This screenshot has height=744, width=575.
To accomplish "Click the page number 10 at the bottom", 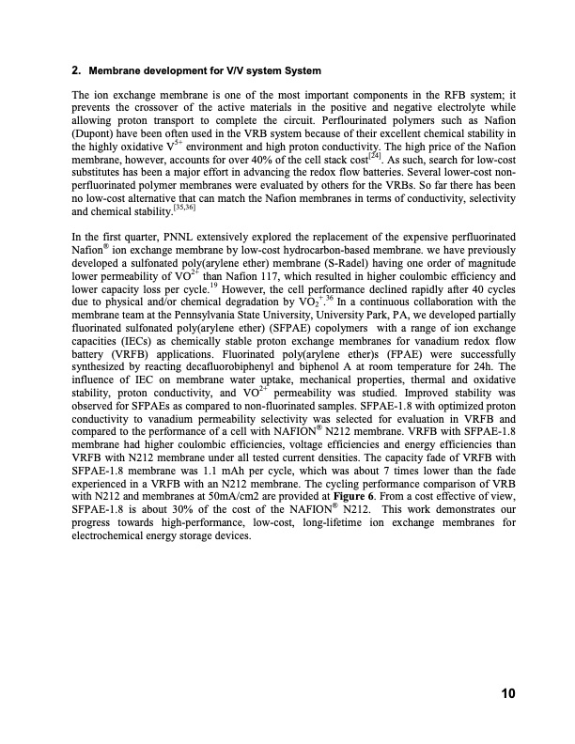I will click(x=507, y=694).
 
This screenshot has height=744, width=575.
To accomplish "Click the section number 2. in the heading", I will click(x=76, y=71).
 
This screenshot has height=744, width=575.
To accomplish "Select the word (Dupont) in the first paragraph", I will click(x=95, y=134).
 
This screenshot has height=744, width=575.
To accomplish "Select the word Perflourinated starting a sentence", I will click(x=296, y=121).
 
